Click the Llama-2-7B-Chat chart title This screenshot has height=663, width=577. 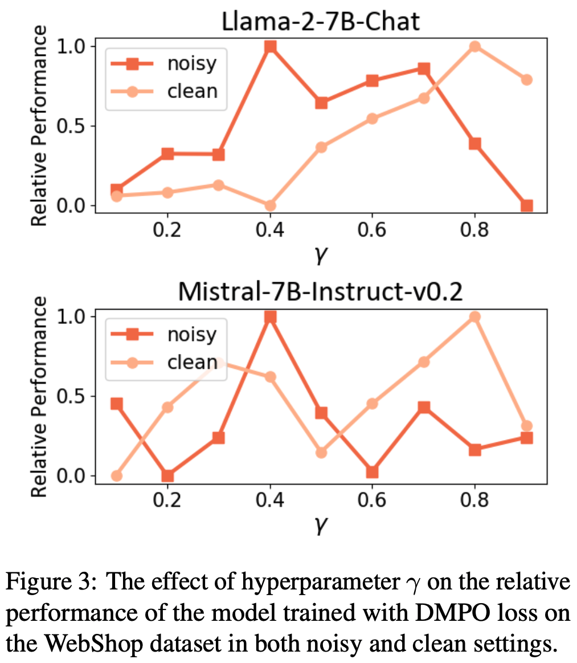(x=321, y=22)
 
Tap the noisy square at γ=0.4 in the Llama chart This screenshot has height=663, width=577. (x=270, y=46)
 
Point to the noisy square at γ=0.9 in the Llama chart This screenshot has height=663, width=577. (x=526, y=205)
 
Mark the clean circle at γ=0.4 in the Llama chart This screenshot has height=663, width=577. (x=270, y=205)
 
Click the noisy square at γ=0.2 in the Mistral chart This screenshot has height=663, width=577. (x=167, y=476)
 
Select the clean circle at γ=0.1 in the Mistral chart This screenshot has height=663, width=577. (x=116, y=476)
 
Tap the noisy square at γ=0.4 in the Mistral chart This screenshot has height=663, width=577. (x=270, y=317)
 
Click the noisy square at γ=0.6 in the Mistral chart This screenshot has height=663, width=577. (x=373, y=472)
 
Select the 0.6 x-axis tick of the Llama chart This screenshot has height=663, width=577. (x=373, y=230)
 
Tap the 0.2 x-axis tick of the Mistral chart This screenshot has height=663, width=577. (x=167, y=501)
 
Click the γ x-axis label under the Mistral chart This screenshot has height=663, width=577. (x=321, y=525)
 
